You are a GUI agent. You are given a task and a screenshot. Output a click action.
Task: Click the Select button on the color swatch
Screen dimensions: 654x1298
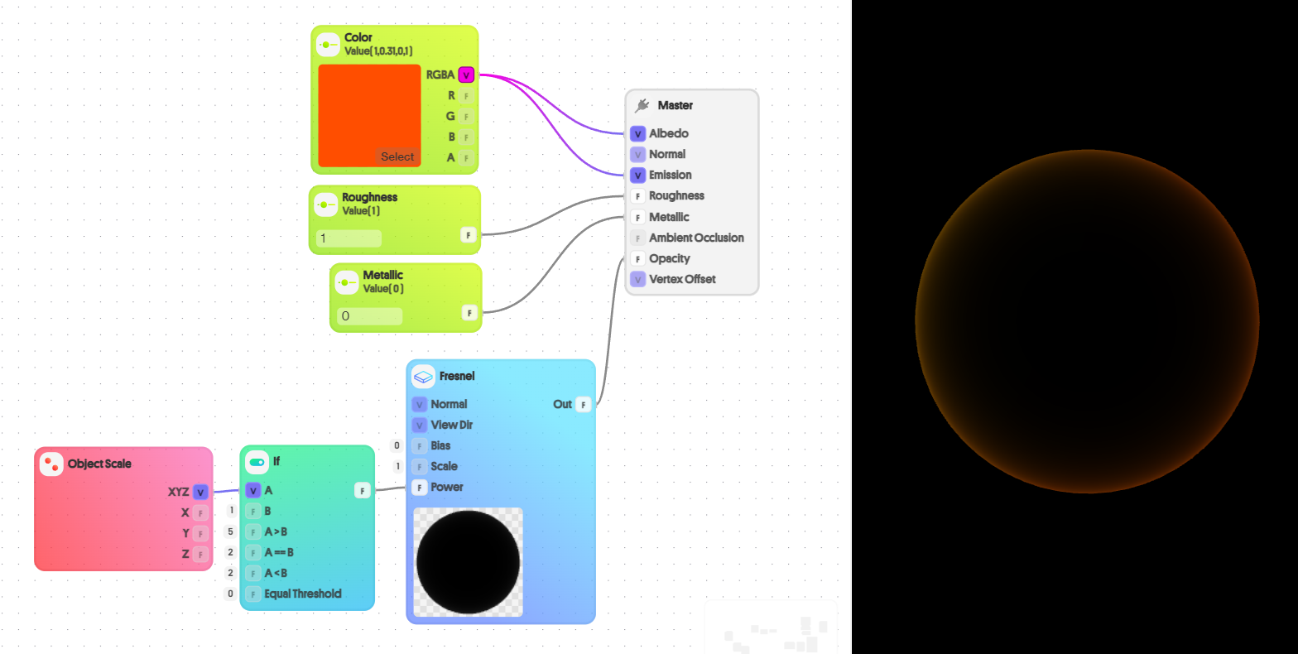coord(397,156)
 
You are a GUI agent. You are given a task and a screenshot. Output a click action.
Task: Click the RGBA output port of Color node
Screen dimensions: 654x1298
coord(466,75)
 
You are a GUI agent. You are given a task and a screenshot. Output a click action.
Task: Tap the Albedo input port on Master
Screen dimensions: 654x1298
coord(637,133)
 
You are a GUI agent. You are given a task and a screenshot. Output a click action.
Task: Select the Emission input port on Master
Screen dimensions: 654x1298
coord(637,175)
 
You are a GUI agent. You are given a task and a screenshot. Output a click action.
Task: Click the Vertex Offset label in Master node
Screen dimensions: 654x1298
coord(682,279)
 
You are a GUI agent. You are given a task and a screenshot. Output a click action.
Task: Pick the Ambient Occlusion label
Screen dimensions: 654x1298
coord(696,238)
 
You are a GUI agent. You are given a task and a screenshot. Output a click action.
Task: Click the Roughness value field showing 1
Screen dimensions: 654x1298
coord(349,238)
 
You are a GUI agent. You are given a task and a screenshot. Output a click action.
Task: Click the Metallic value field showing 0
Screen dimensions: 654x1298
coord(369,316)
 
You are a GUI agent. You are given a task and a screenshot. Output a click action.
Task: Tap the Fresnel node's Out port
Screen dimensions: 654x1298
coord(584,404)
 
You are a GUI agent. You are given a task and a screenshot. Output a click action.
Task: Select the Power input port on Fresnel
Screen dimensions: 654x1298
coord(419,487)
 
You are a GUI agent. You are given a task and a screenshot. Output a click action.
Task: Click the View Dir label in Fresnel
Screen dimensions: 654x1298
coord(451,425)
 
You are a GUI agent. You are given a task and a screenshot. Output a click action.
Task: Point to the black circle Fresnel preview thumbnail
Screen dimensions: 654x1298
coord(468,562)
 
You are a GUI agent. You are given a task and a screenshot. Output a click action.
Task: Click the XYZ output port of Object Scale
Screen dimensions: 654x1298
coord(200,492)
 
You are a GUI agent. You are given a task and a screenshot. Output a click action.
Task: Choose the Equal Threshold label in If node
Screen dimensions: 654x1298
coord(302,594)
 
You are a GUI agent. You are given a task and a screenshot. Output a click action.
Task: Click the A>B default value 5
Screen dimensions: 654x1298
coord(230,531)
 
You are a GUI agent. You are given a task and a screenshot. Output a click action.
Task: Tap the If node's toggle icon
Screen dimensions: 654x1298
coord(257,461)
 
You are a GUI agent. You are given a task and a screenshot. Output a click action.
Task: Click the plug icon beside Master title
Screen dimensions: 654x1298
coord(642,105)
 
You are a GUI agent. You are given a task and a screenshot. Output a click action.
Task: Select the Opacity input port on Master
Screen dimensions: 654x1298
coord(637,258)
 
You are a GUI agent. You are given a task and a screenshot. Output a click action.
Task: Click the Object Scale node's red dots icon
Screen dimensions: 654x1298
coord(52,464)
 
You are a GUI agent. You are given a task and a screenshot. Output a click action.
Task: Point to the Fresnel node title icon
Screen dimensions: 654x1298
coord(423,377)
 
